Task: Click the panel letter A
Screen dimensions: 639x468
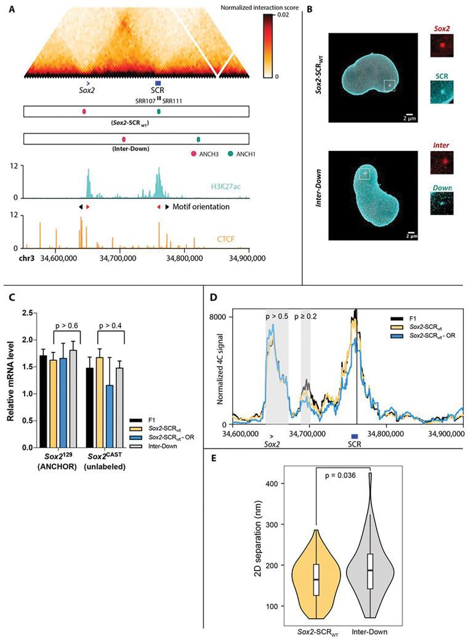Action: (14, 11)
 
